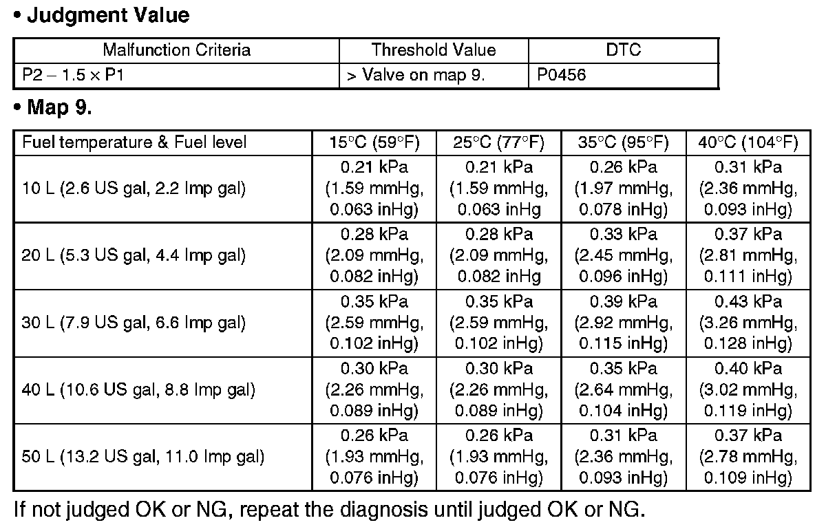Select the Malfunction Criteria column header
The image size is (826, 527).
coord(176,50)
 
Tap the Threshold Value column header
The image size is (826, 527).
coord(434,50)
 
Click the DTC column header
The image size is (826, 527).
coord(623,50)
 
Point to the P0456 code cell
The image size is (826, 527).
coord(558,75)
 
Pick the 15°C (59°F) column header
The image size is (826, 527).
coord(374,142)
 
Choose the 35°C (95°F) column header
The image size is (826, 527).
coord(624,142)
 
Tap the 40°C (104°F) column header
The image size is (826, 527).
coord(748,142)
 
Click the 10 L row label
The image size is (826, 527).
coord(134,189)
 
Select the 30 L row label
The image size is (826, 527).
coord(134,323)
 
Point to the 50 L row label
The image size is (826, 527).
coord(143,457)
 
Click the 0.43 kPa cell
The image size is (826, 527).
coord(748,323)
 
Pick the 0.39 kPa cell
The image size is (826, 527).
coord(624,323)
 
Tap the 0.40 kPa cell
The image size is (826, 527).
coord(748,390)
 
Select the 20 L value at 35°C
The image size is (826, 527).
coord(624,256)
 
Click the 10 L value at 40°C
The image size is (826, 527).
coord(748,189)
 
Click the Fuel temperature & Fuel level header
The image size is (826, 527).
coord(134,142)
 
